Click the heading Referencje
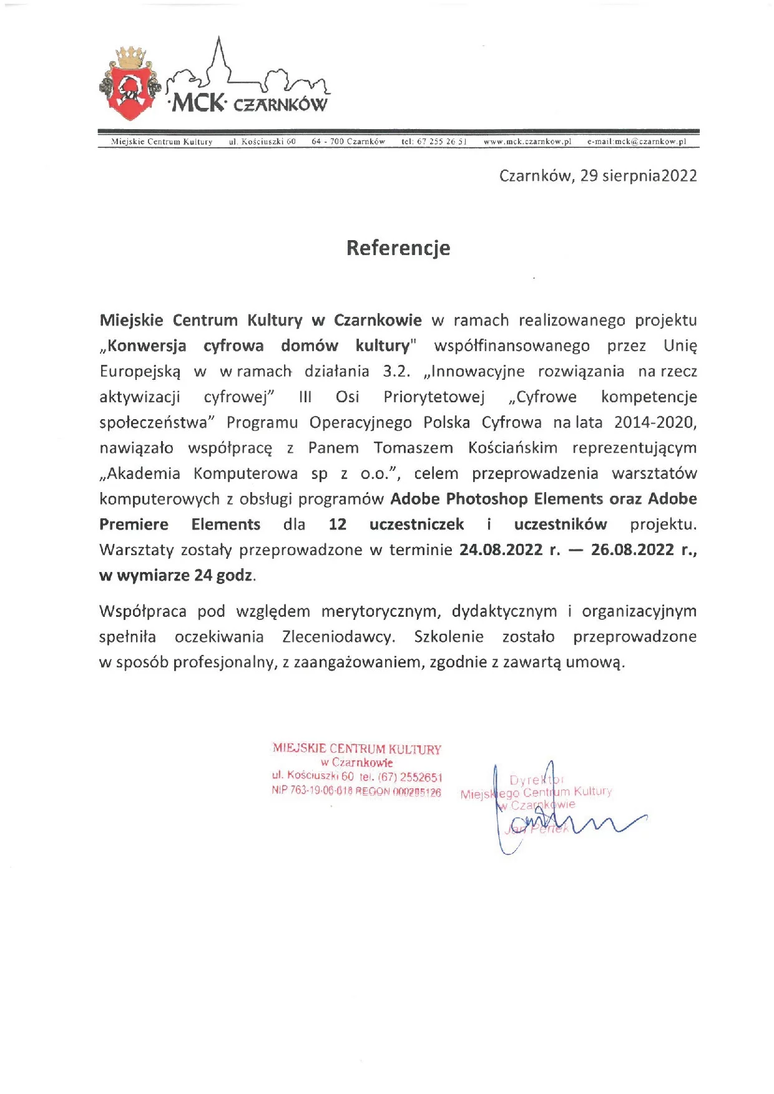point(398,248)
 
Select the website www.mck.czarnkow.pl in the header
point(527,142)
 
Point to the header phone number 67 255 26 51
point(441,142)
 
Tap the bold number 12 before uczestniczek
point(337,525)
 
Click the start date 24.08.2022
point(501,549)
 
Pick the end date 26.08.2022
point(632,549)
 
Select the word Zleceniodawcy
point(338,637)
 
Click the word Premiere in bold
point(134,525)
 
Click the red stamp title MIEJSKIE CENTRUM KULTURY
point(356,748)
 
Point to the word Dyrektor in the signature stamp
point(536,780)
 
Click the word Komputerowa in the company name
point(245,473)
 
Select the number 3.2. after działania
point(396,371)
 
